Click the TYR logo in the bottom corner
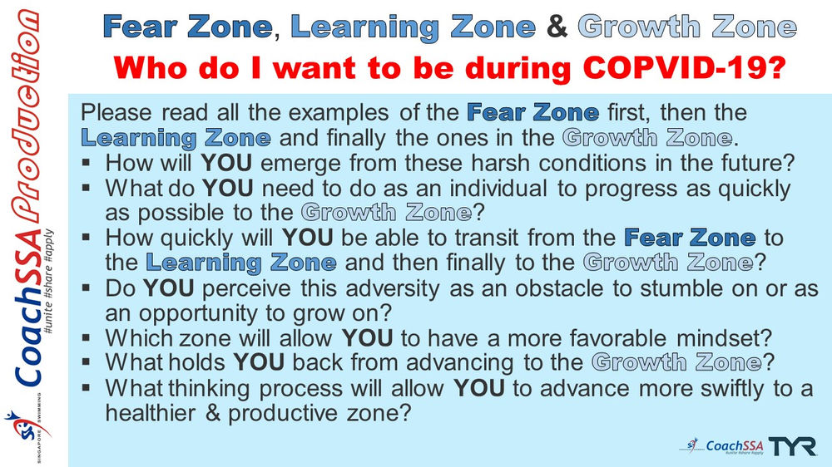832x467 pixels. [791, 445]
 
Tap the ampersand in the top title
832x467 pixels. [557, 27]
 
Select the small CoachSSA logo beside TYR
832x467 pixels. [721, 446]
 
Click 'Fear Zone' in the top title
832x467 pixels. [187, 27]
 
